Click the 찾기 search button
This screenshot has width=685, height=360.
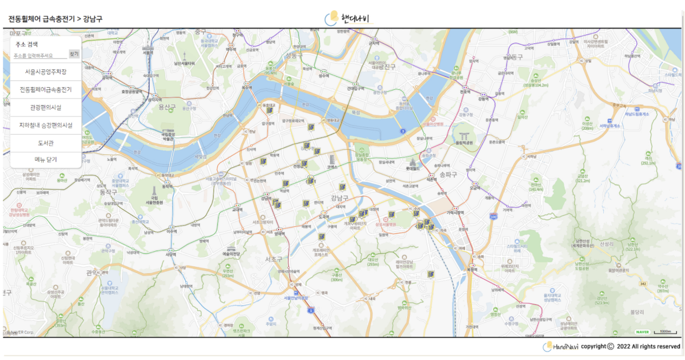click(x=74, y=54)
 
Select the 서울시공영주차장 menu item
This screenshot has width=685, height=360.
click(x=45, y=72)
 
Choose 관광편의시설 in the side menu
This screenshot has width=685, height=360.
click(x=45, y=108)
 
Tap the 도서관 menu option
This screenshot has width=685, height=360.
click(x=45, y=143)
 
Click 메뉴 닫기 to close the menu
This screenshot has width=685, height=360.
click(x=45, y=160)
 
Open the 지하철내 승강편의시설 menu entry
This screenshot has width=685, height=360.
click(x=45, y=125)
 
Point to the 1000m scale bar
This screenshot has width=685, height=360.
click(x=665, y=332)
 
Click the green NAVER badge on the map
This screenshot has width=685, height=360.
click(x=642, y=332)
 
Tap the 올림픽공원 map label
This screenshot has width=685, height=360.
click(x=464, y=143)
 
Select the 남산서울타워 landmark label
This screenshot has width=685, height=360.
click(x=184, y=63)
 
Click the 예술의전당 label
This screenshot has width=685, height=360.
click(x=231, y=253)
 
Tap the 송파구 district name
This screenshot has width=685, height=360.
click(x=448, y=174)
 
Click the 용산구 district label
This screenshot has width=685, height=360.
click(x=167, y=108)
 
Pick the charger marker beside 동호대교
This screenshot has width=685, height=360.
click(x=270, y=110)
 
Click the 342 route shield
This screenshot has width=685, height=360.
click(x=642, y=284)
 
